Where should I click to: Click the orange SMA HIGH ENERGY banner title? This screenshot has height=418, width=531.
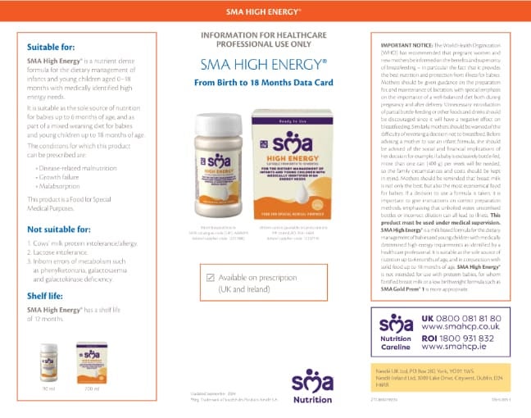tap(265, 13)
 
